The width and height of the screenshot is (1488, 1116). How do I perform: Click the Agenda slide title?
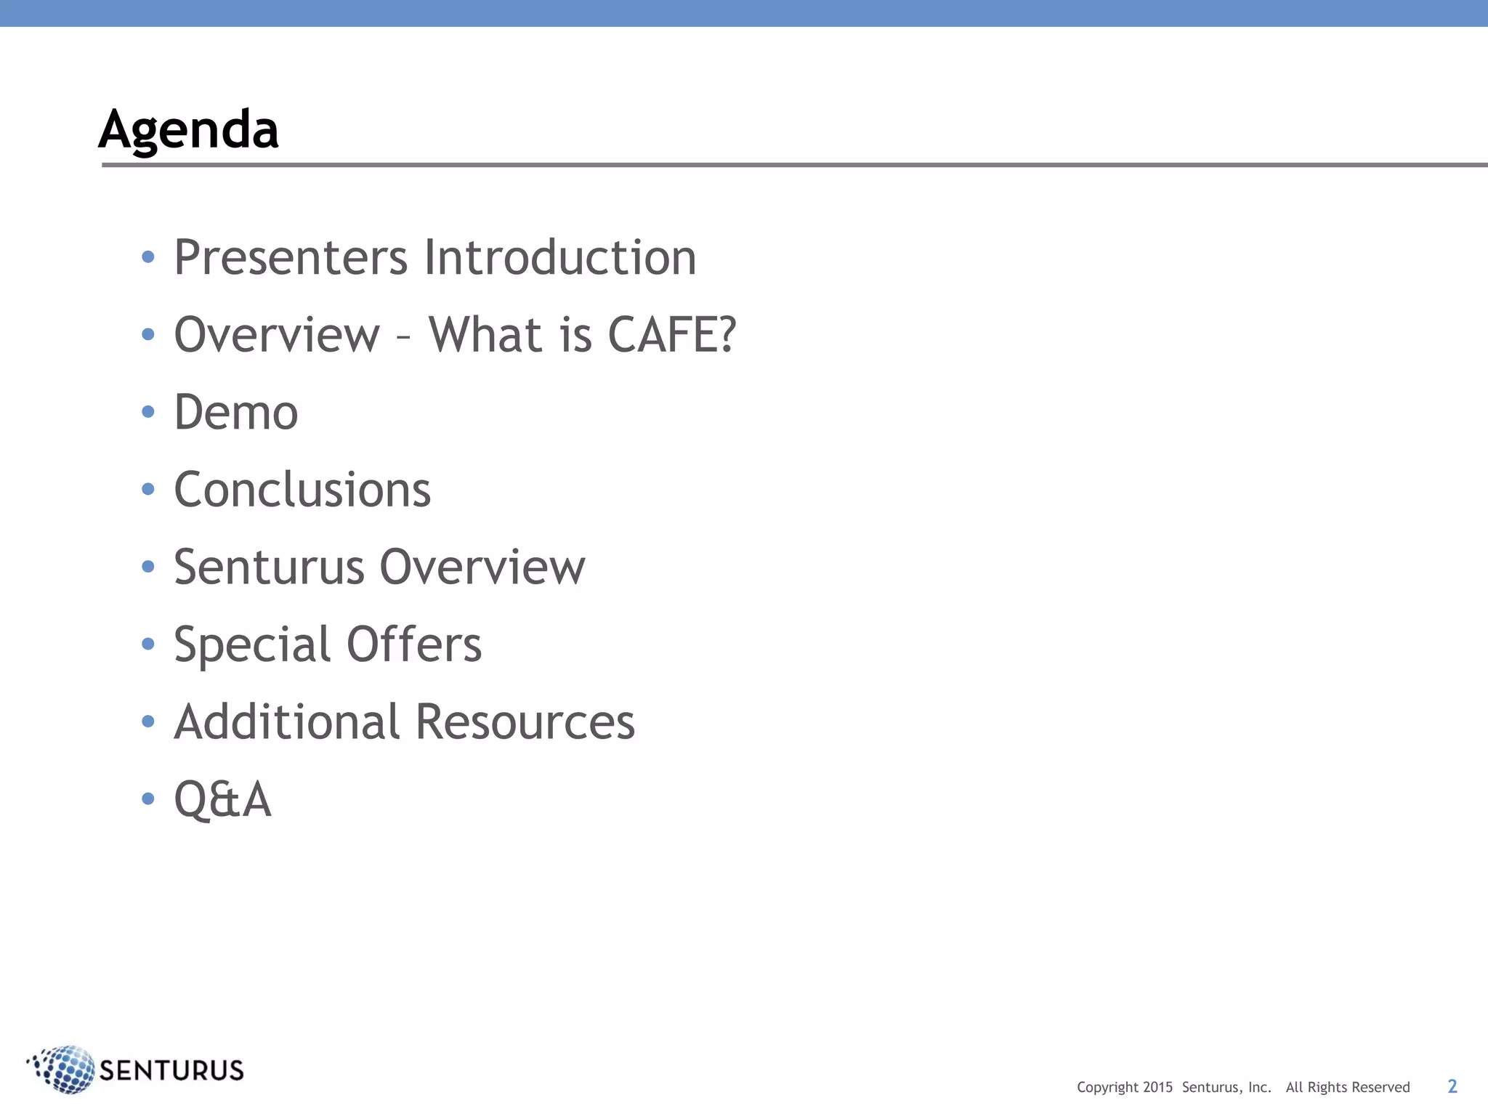point(188,130)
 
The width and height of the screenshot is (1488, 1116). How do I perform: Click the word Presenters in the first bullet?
point(291,257)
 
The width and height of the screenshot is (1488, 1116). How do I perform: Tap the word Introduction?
point(559,257)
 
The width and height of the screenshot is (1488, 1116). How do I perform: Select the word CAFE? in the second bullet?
point(671,335)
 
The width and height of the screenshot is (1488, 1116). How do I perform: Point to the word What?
point(485,335)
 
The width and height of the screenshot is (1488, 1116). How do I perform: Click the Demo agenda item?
point(236,413)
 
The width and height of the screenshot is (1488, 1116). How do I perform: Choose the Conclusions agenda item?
point(302,490)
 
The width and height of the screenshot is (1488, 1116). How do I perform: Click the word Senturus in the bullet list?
point(269,567)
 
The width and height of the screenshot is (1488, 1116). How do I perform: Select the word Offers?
point(414,644)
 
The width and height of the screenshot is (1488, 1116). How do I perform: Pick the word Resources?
point(525,722)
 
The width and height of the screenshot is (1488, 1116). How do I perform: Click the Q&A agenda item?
point(222,799)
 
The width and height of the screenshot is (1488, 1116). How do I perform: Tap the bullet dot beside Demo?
point(148,412)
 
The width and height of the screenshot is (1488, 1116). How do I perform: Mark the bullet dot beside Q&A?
point(148,798)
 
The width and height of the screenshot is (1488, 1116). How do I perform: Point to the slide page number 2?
point(1452,1086)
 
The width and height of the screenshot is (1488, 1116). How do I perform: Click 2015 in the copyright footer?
point(1157,1088)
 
